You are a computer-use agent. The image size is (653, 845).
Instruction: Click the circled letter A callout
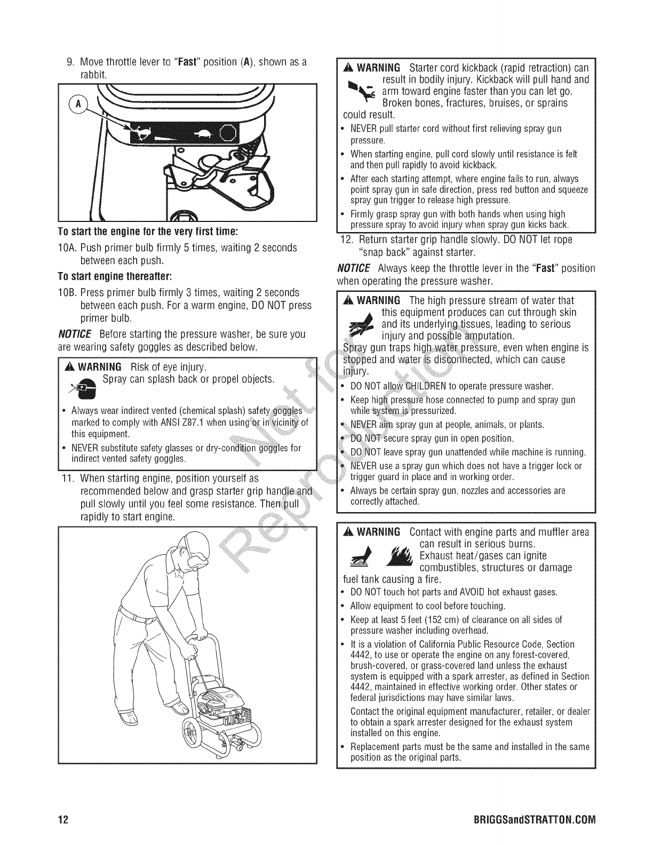(78, 104)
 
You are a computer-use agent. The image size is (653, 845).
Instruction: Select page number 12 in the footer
(63, 820)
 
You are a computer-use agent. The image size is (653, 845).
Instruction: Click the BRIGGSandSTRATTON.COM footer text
(535, 820)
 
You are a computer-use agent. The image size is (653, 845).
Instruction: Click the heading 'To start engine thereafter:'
(115, 276)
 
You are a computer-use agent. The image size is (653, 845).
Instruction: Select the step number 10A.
(67, 248)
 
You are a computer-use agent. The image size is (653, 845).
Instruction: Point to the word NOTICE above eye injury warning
(75, 334)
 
